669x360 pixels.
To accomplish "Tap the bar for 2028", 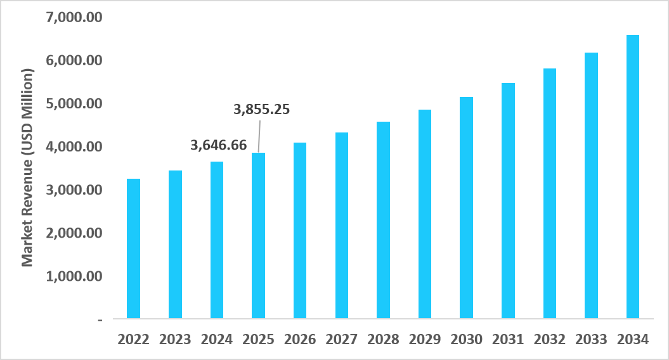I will coord(383,219).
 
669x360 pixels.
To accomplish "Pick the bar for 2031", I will coord(508,200).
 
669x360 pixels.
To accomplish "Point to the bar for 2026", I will coord(300,230).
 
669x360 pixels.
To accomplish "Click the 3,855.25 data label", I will coord(261,109).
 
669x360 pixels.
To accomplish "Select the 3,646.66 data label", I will coord(219,145).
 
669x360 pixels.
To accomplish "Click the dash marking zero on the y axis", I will coord(100,320).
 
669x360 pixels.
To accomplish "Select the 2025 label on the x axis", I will coord(258,339).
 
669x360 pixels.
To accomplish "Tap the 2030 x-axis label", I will coord(466,339).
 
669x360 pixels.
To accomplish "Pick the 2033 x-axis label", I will coord(591,339).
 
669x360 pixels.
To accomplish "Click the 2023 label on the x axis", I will coord(175,339).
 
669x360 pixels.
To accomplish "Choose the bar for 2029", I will coord(425,214).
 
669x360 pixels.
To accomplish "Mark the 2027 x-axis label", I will coord(341,339).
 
